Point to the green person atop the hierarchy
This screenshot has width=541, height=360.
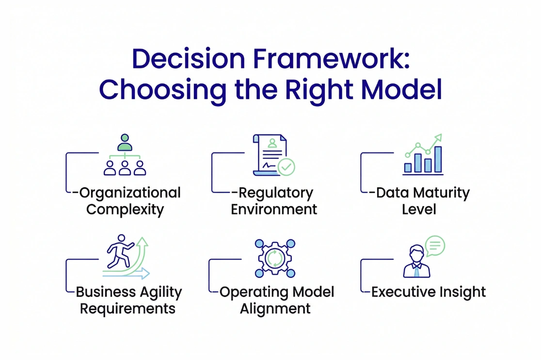(x=125, y=143)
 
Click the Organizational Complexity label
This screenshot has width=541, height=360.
(x=127, y=201)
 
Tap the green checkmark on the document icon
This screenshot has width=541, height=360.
(x=286, y=168)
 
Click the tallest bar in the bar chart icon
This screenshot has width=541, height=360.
(x=438, y=159)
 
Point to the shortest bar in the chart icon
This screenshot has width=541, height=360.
(x=408, y=167)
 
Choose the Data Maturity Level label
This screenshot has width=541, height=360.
(x=419, y=201)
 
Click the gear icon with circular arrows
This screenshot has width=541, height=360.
(x=274, y=258)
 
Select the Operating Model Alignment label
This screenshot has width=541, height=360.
(x=275, y=300)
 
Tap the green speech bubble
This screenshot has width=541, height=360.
(x=434, y=245)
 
